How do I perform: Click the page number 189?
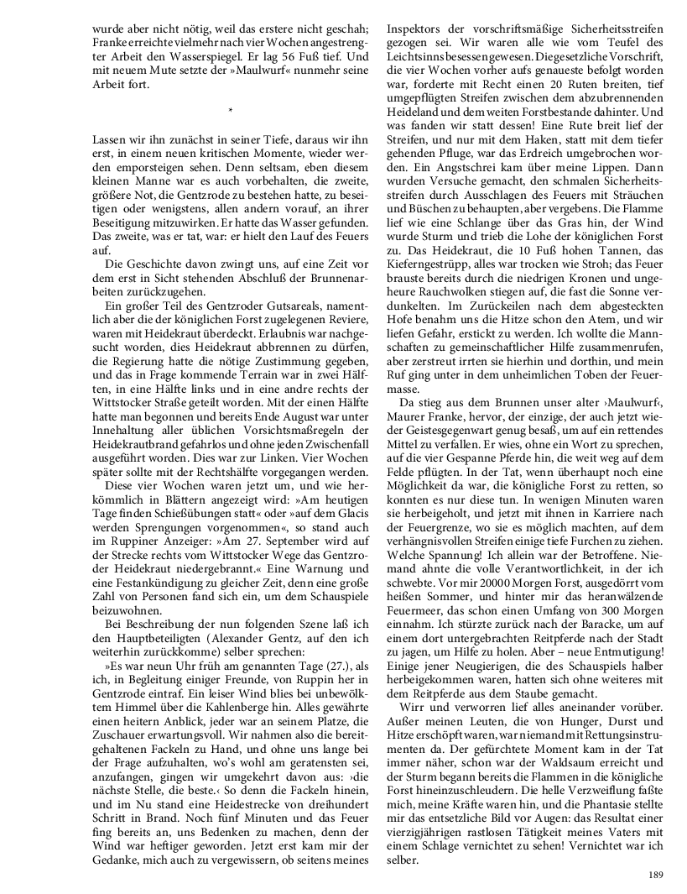pyautogui.click(x=655, y=876)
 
